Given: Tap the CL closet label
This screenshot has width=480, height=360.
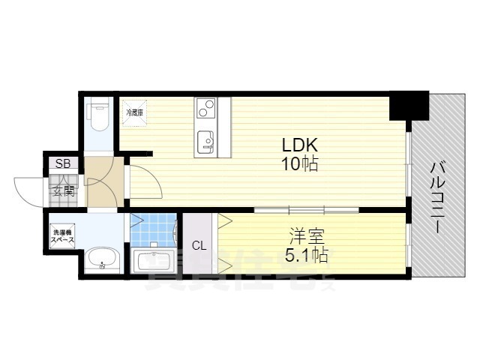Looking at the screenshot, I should pyautogui.click(x=199, y=245).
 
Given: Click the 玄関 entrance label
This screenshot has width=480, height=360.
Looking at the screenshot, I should pyautogui.click(x=64, y=190).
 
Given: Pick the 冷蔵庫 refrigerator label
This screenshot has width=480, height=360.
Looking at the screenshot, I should pyautogui.click(x=136, y=112).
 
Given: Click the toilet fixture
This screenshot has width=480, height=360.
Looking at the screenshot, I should pyautogui.click(x=98, y=116).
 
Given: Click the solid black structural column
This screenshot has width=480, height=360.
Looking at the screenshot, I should pyautogui.click(x=408, y=105).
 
